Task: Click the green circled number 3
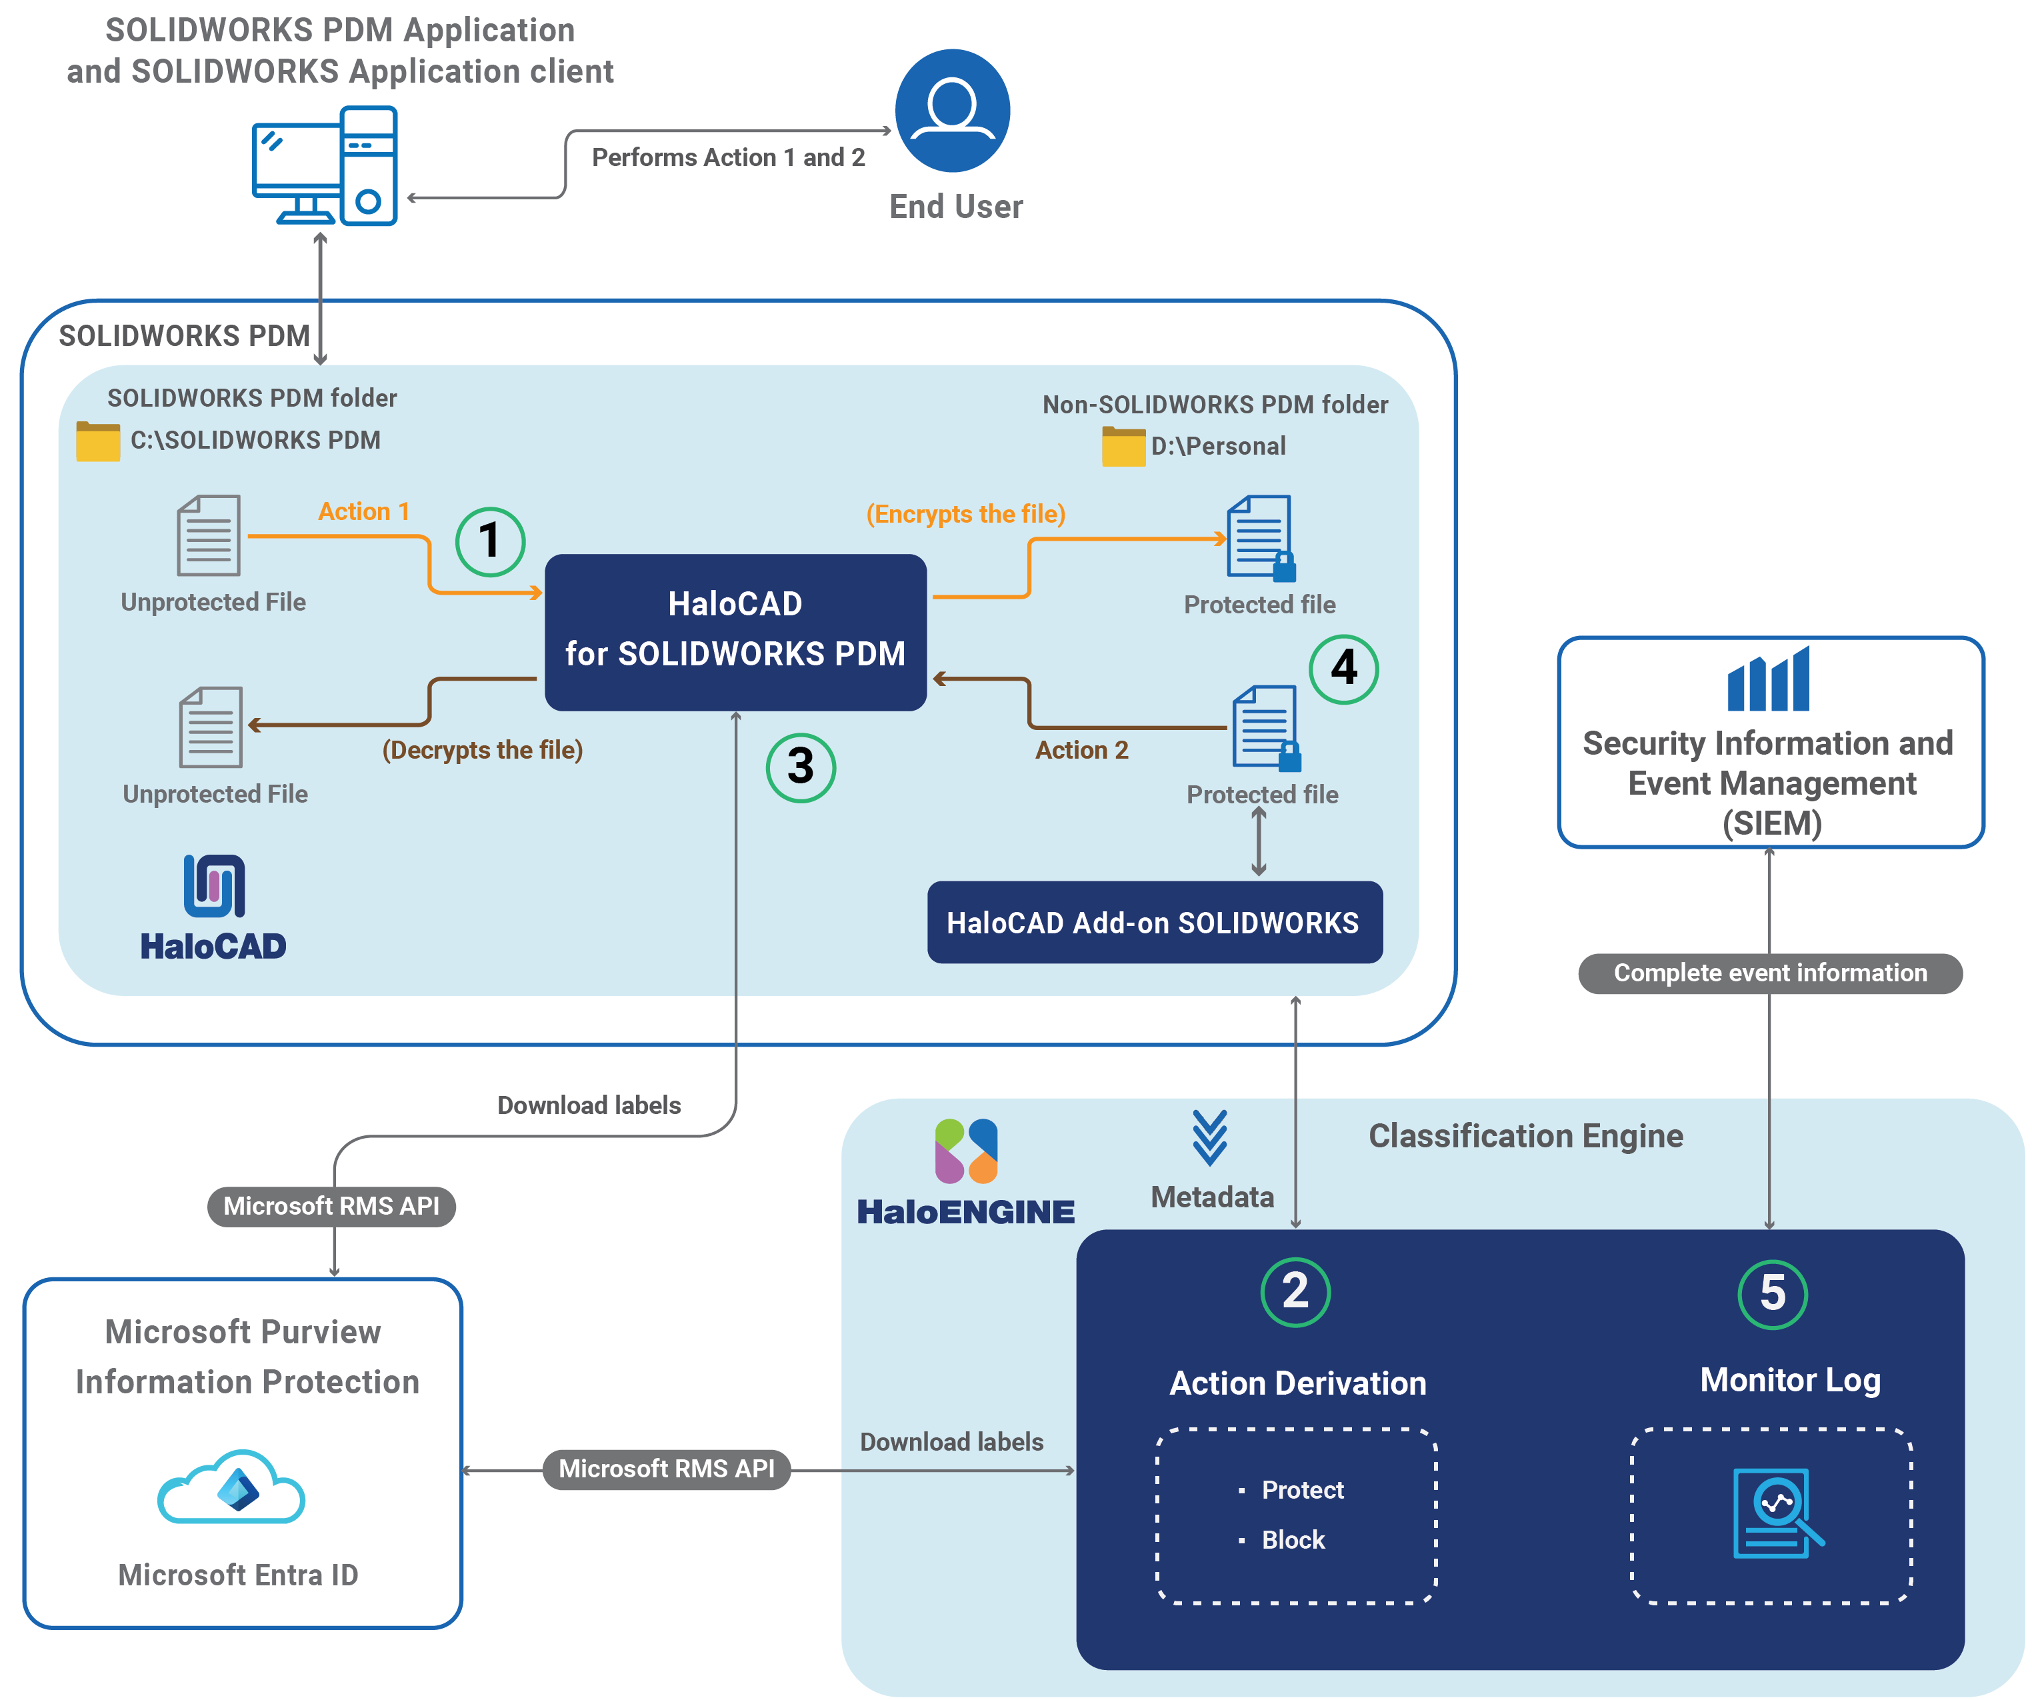(800, 767)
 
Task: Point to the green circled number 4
(1343, 669)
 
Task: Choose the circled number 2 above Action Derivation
(1295, 1292)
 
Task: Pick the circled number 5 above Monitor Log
(1772, 1293)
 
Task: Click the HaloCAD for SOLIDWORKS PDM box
(735, 631)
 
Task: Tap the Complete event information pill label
(1770, 973)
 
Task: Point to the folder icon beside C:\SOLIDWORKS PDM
(98, 441)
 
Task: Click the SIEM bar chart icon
(1768, 679)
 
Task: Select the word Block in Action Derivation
(1293, 1539)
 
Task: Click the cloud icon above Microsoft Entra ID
(232, 1488)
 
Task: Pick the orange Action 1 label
(364, 511)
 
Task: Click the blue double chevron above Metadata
(1209, 1138)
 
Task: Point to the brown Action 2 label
(1081, 750)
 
